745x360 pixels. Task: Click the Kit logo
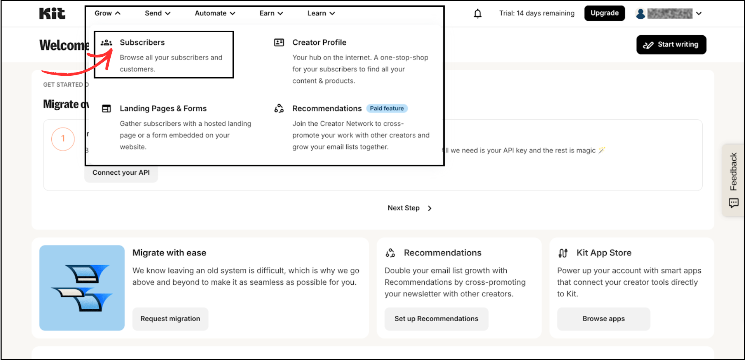point(52,14)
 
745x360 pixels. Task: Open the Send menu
point(157,13)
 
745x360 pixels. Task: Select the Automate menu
point(215,13)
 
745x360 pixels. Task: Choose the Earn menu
point(271,13)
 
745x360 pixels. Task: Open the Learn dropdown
point(321,13)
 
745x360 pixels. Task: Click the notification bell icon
point(478,14)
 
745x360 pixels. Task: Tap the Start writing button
point(671,45)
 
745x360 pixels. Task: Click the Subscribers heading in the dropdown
point(142,42)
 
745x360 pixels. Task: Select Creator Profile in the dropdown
point(319,42)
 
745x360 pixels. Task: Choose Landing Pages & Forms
point(163,108)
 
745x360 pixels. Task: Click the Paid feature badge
point(387,108)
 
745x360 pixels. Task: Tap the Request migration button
point(170,319)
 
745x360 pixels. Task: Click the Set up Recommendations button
point(436,319)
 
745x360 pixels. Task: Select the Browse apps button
point(603,319)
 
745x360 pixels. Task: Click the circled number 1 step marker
point(63,139)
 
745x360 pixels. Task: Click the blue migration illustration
point(82,288)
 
